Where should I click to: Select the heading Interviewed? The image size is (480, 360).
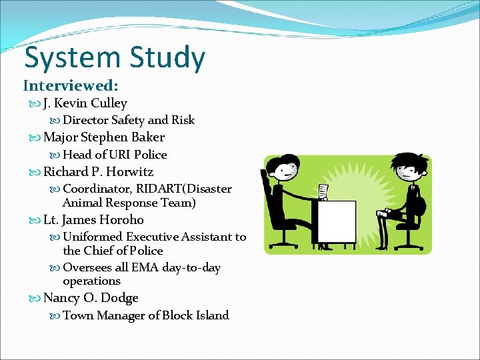pyautogui.click(x=71, y=86)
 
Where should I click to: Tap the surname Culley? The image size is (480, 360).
pyautogui.click(x=109, y=103)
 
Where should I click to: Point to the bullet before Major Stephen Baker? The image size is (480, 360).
pyautogui.click(x=35, y=137)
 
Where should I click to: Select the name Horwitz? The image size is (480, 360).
pyautogui.click(x=129, y=172)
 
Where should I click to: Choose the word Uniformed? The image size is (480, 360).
pyautogui.click(x=92, y=237)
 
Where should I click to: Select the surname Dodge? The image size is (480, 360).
pyautogui.click(x=120, y=299)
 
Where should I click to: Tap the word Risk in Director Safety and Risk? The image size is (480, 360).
pyautogui.click(x=183, y=120)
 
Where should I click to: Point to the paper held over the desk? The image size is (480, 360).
pyautogui.click(x=323, y=191)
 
